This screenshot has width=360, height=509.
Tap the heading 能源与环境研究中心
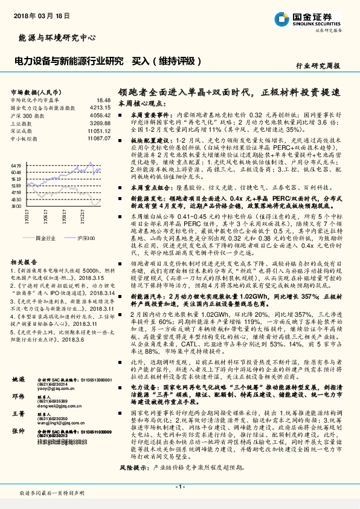click(55, 37)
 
